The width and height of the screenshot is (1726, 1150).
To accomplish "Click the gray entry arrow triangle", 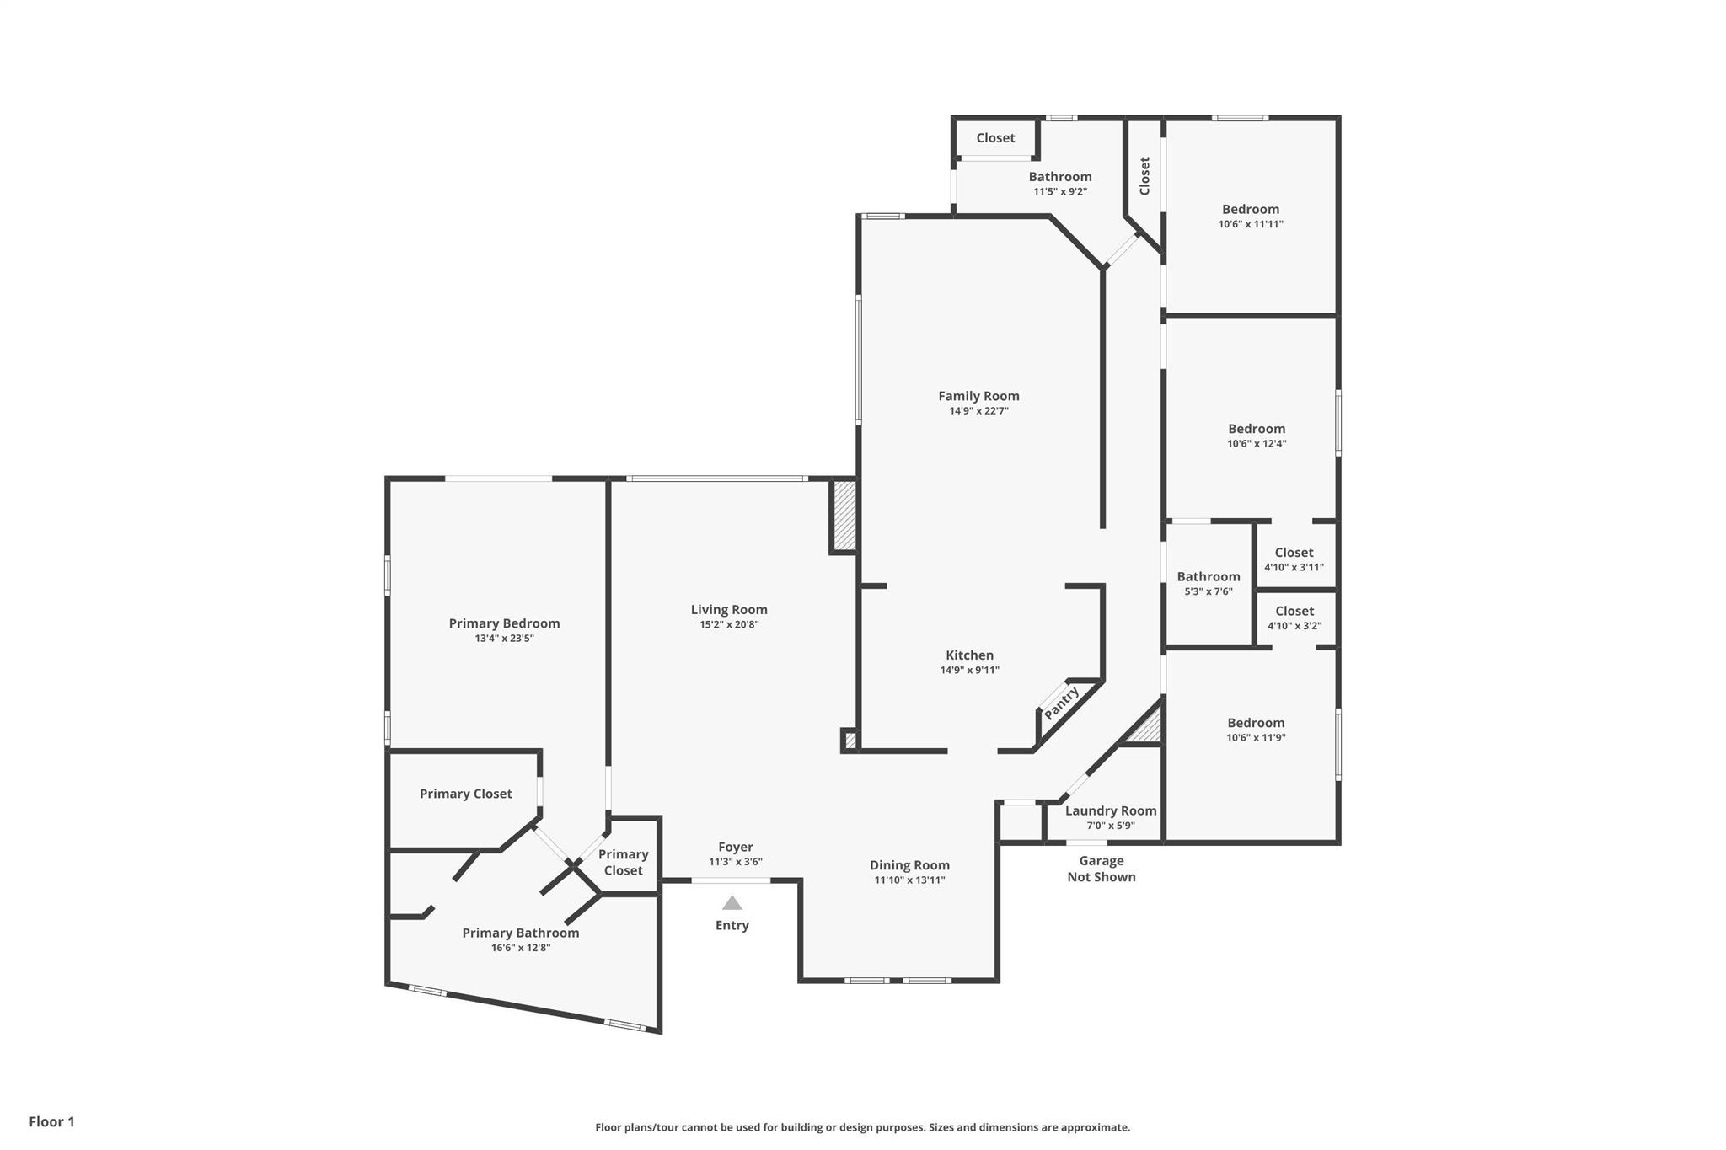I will click(x=732, y=903).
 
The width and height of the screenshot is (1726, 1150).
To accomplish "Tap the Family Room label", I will click(x=978, y=396).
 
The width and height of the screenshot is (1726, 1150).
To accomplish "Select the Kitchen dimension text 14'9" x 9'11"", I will click(x=969, y=671).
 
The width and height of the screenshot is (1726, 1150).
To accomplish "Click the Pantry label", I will click(x=1061, y=703).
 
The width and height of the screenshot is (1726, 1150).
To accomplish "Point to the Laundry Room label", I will click(x=1110, y=810).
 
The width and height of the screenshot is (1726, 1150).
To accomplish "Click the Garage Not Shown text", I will click(x=1101, y=869).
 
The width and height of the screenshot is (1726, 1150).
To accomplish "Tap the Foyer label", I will click(x=735, y=848).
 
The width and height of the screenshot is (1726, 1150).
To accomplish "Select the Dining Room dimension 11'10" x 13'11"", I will click(x=909, y=880).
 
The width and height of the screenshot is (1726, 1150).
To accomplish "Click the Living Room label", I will click(x=729, y=610).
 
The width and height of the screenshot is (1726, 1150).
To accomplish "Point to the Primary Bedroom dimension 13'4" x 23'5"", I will click(x=504, y=639).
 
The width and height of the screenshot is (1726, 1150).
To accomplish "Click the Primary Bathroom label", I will click(x=520, y=933).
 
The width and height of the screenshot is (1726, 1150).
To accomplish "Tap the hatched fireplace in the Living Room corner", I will click(x=844, y=516).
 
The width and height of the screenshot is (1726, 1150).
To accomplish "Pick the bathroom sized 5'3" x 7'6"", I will click(x=1208, y=583).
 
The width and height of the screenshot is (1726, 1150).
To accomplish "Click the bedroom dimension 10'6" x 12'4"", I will click(x=1257, y=444).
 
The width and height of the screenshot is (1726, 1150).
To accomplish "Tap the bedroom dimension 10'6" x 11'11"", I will click(x=1251, y=224).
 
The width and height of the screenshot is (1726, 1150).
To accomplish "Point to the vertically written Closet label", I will click(x=1144, y=175).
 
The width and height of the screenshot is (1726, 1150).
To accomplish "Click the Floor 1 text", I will click(x=51, y=1121).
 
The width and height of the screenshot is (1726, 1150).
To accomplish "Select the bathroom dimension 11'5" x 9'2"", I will click(x=1060, y=191).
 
